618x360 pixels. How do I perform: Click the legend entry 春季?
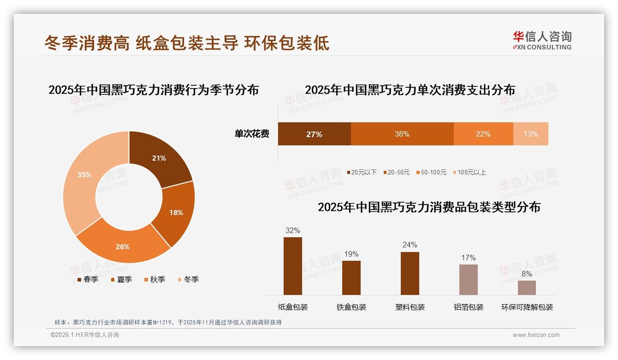pyautogui.click(x=88, y=279)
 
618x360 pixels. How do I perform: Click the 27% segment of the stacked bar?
pyautogui.click(x=314, y=134)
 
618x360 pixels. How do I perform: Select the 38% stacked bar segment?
pyautogui.click(x=402, y=134)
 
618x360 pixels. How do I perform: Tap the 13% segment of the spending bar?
pyautogui.click(x=530, y=134)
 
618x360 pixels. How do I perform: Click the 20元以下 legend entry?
pyautogui.click(x=362, y=172)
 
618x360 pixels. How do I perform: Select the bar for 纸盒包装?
pyautogui.click(x=292, y=266)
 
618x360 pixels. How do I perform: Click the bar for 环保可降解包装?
pyautogui.click(x=527, y=288)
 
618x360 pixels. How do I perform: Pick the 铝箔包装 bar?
pyautogui.click(x=468, y=279)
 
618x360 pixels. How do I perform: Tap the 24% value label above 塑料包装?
pyautogui.click(x=410, y=245)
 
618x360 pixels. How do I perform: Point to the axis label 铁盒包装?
pyautogui.click(x=351, y=307)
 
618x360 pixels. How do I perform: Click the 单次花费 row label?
pyautogui.click(x=252, y=134)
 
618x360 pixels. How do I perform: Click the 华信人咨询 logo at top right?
pyautogui.click(x=542, y=40)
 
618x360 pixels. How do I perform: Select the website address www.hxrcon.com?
pyautogui.click(x=536, y=335)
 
